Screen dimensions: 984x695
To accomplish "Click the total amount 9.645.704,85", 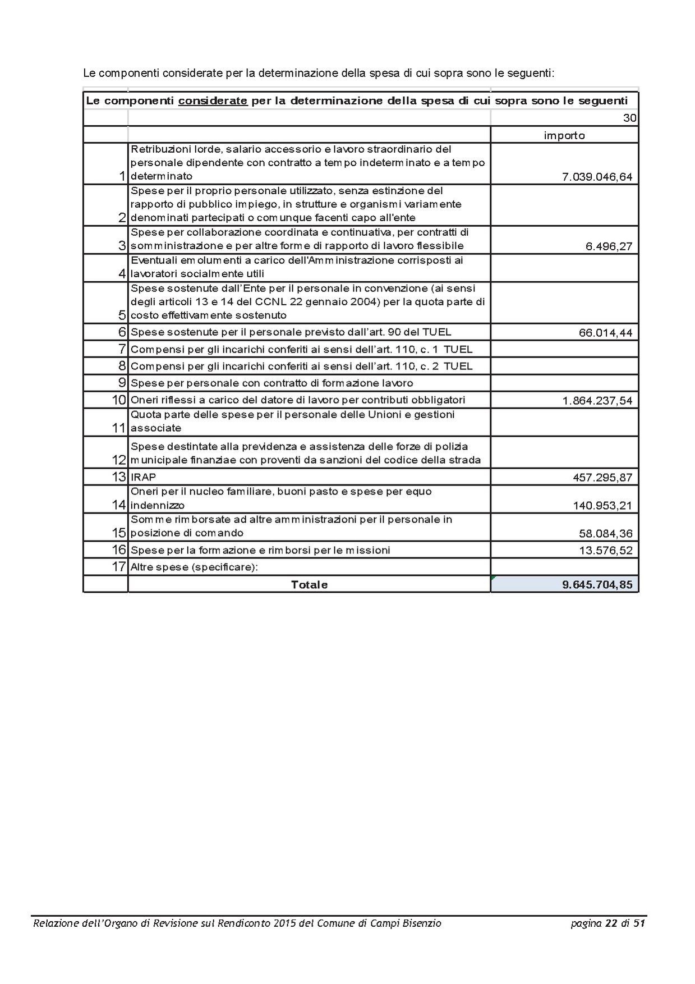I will pyautogui.click(x=597, y=584).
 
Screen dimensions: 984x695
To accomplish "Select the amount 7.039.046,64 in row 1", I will pyautogui.click(x=597, y=177).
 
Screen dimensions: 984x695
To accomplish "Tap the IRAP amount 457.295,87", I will pyautogui.click(x=602, y=478).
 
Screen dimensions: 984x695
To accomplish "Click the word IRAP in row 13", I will pyautogui.click(x=144, y=477).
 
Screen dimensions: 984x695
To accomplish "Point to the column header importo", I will pyautogui.click(x=564, y=135).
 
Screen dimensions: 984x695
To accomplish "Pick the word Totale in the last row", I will pyautogui.click(x=309, y=584).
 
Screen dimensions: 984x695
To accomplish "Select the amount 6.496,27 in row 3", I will pyautogui.click(x=609, y=246).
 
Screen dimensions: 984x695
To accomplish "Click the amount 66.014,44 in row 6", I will pyautogui.click(x=605, y=333).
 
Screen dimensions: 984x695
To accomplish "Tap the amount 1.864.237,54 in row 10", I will pyautogui.click(x=597, y=401).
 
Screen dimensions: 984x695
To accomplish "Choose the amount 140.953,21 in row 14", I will pyautogui.click(x=602, y=506).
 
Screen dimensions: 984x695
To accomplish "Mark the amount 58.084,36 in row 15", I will pyautogui.click(x=605, y=534).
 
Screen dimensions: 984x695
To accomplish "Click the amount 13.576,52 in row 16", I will pyautogui.click(x=605, y=551).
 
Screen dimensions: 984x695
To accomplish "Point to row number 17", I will pyautogui.click(x=119, y=566).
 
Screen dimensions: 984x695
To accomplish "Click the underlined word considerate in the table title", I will pyautogui.click(x=213, y=102).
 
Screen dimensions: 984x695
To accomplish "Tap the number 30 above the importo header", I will pyautogui.click(x=630, y=118).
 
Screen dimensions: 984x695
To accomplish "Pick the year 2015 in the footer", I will pyautogui.click(x=285, y=923).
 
